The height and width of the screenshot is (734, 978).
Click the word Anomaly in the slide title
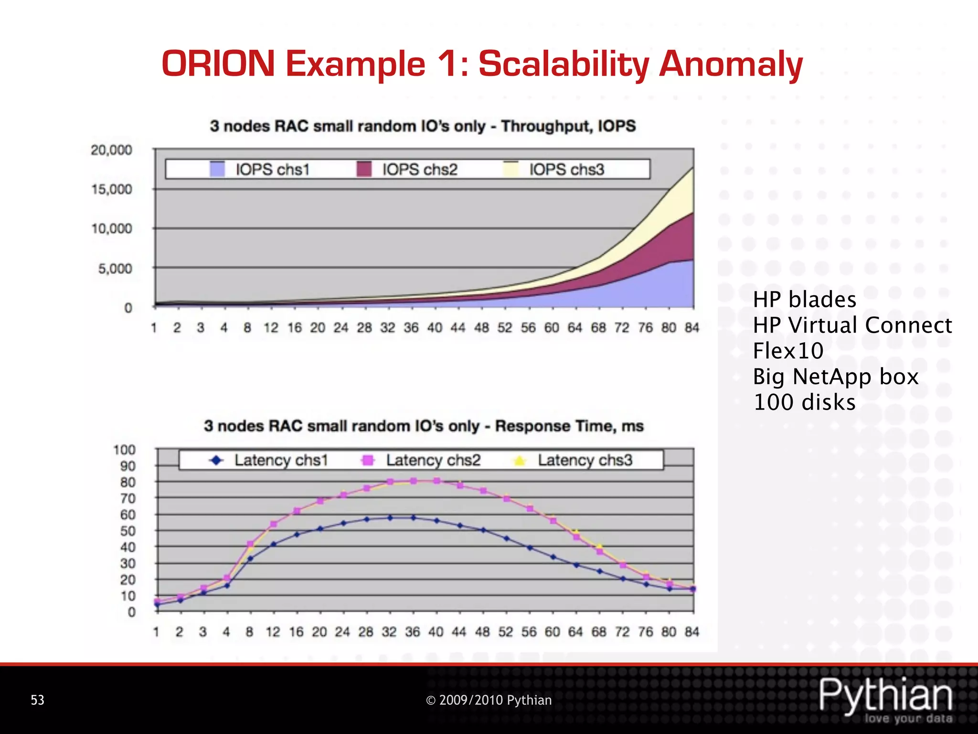(731, 65)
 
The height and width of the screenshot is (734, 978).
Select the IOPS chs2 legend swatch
(364, 169)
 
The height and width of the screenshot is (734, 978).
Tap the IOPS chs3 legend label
(566, 170)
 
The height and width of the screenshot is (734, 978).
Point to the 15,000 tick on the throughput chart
(112, 189)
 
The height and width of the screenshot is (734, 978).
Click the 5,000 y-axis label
(115, 269)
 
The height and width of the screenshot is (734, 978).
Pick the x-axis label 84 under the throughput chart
(692, 328)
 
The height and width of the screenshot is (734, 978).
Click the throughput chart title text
(423, 126)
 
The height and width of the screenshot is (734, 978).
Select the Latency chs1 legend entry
(270, 460)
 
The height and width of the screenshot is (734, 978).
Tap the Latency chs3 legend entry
(573, 460)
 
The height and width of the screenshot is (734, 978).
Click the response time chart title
(424, 426)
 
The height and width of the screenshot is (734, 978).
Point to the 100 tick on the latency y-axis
(124, 450)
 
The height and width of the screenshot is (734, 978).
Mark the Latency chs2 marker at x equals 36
(414, 481)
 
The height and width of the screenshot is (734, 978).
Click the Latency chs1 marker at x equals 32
(390, 518)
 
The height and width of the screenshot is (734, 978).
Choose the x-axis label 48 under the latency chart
(482, 632)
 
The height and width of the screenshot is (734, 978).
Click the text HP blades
(804, 300)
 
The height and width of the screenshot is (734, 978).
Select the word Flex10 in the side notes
(788, 351)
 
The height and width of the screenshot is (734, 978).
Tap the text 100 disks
(804, 402)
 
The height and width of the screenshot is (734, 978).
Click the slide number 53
(37, 700)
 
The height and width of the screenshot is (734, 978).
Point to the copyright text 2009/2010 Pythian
(489, 700)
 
